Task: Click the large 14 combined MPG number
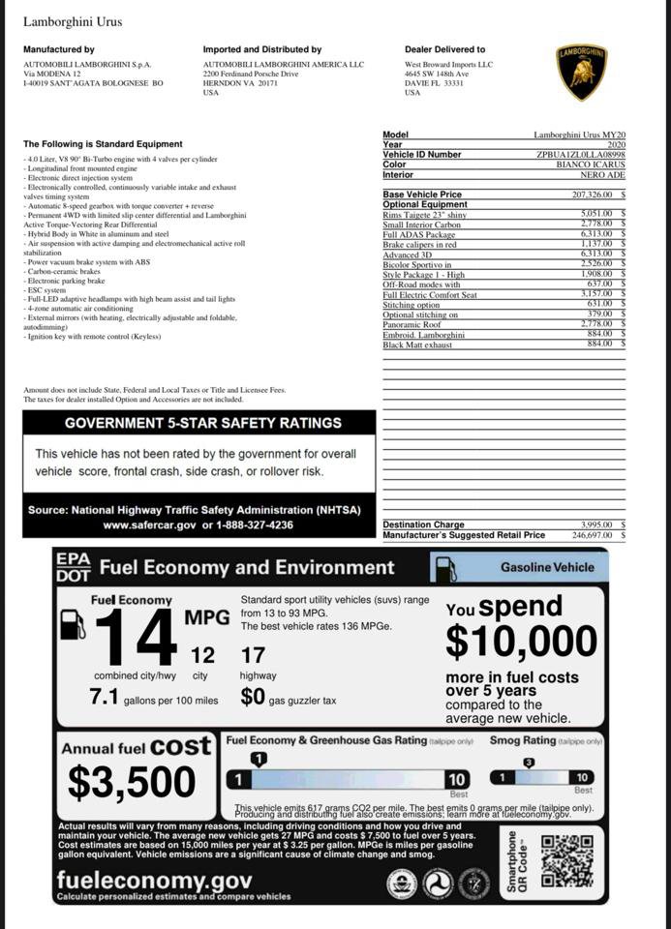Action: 136,640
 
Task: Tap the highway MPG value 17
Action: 253,656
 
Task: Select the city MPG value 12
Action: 202,656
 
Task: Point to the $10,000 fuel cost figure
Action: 521,642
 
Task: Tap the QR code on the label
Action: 566,860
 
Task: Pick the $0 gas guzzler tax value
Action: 253,697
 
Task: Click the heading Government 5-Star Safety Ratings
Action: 202,423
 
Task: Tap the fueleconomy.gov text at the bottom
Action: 154,880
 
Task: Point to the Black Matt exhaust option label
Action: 417,345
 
